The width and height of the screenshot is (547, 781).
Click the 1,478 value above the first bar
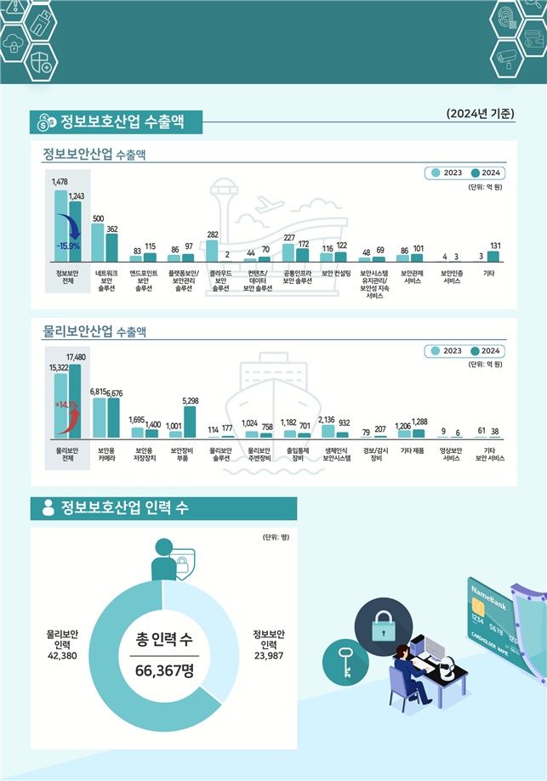[x=60, y=182]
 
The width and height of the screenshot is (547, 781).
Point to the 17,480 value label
[x=74, y=357]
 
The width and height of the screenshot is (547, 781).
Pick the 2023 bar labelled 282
[x=211, y=251]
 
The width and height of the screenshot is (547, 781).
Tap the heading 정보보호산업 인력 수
[x=124, y=508]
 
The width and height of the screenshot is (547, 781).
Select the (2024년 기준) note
[x=480, y=114]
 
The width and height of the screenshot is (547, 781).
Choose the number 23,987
[x=269, y=655]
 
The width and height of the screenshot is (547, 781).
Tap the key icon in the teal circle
[x=346, y=661]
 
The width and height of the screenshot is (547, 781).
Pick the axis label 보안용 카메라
[x=106, y=454]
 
